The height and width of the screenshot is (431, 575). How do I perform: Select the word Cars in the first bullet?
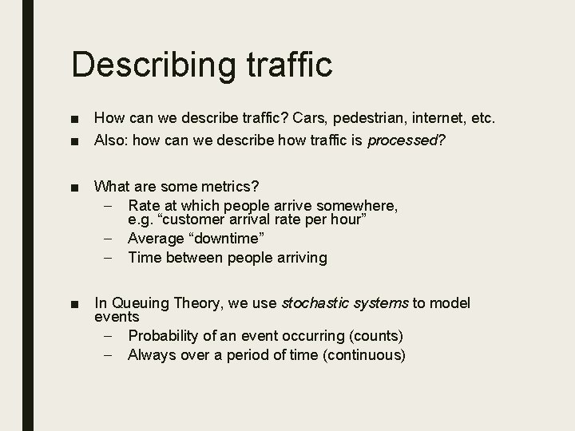(308, 119)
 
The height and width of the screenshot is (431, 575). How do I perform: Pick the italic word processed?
(402, 141)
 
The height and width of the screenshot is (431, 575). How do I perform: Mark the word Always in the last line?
(150, 354)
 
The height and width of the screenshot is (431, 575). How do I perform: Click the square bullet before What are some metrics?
(74, 188)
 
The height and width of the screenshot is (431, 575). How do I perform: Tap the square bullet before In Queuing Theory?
(74, 304)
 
